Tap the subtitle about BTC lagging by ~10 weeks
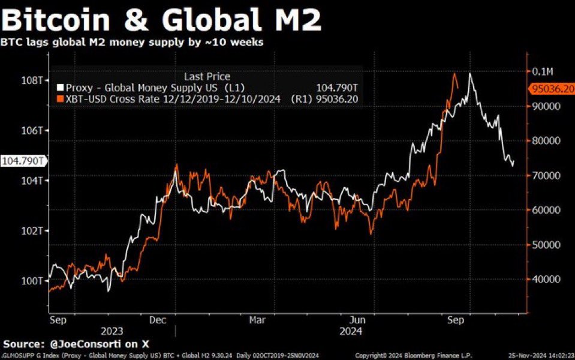(x=132, y=43)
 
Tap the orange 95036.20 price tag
(x=551, y=89)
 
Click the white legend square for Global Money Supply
(x=60, y=88)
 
